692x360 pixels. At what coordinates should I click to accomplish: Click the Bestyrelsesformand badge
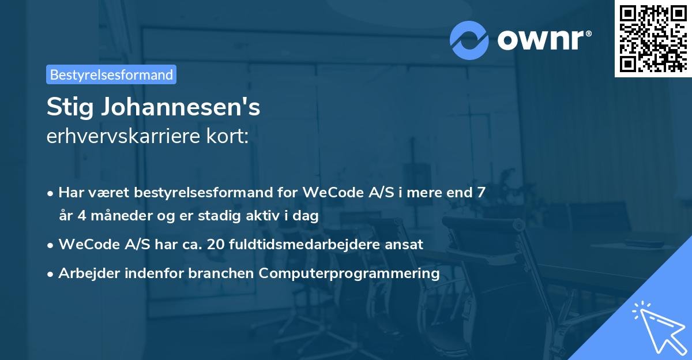point(111,74)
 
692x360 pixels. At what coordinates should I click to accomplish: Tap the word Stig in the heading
point(66,108)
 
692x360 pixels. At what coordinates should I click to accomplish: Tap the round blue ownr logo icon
point(469,40)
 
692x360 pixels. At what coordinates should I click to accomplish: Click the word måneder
point(109,215)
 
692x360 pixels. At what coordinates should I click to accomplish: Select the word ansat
point(406,244)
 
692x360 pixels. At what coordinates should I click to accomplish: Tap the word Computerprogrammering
point(349,273)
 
